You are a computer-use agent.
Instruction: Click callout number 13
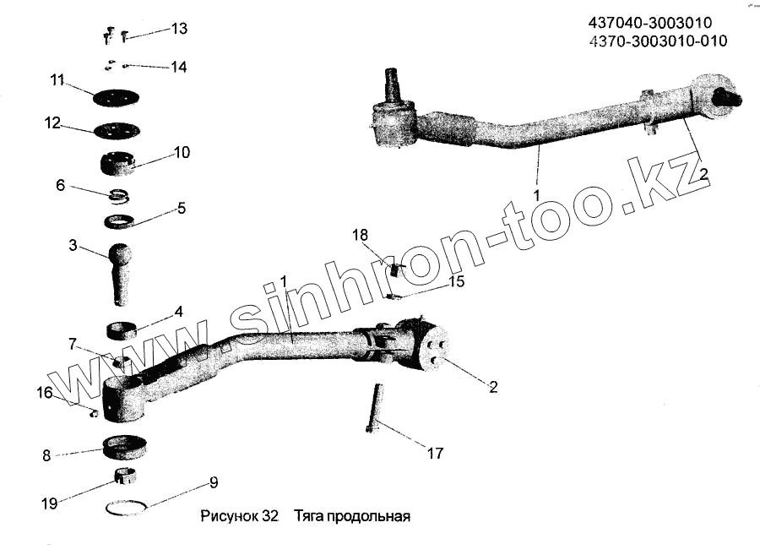click(178, 29)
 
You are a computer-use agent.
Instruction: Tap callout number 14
click(178, 67)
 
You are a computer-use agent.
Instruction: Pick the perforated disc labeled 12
click(117, 131)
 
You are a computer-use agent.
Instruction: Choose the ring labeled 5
click(122, 221)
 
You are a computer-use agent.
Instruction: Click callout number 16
click(44, 392)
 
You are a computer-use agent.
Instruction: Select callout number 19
click(49, 503)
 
